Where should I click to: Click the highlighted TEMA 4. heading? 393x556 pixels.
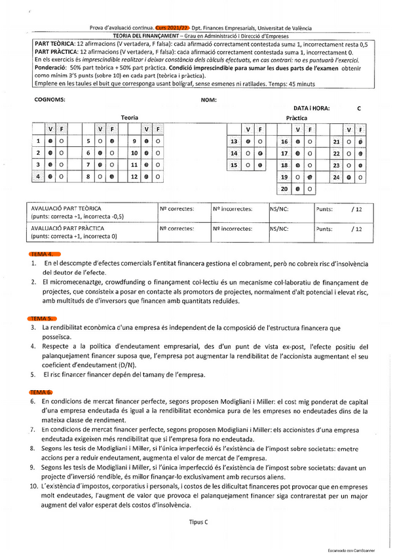click(45, 254)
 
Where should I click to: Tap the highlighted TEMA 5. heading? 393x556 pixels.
click(45, 317)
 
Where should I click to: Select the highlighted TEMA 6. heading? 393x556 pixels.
click(45, 391)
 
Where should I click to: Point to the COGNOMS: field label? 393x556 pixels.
click(49, 100)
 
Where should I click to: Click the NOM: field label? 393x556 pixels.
click(208, 100)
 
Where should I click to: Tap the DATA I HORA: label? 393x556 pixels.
click(312, 108)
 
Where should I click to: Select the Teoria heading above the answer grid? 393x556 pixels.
click(130, 117)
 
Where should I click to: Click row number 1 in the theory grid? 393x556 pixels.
click(39, 141)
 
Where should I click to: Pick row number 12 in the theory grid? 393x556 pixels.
click(134, 176)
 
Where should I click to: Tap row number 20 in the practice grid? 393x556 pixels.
click(284, 189)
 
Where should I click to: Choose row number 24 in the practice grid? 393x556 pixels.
click(337, 177)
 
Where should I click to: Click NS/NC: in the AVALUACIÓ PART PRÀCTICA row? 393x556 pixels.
click(280, 229)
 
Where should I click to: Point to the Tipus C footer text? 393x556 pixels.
click(196, 523)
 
